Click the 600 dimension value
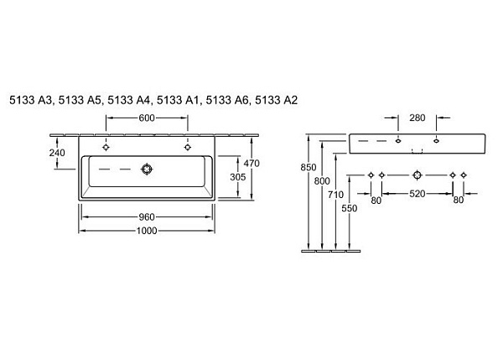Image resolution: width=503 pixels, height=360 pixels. (147, 117)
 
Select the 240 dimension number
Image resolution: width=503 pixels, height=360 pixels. (57, 153)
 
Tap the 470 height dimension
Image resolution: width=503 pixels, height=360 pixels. (251, 164)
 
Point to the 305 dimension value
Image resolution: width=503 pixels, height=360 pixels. (238, 177)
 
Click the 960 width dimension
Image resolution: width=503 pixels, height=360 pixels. (147, 217)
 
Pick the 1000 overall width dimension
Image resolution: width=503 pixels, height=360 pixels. (147, 231)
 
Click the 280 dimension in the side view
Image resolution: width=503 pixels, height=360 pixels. (417, 117)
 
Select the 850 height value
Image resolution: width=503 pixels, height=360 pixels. (309, 167)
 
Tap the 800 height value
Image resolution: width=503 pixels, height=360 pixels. (322, 181)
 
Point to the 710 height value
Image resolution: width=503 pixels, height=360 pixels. (335, 195)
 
